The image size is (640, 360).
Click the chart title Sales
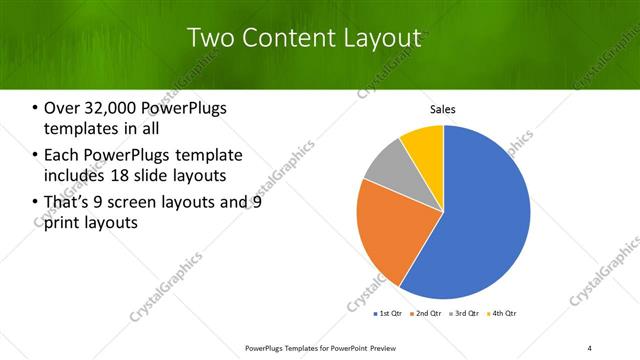(443, 109)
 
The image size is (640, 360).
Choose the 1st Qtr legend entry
(389, 313)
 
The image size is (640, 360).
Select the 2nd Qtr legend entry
(427, 313)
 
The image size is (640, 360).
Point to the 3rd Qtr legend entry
(466, 313)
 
